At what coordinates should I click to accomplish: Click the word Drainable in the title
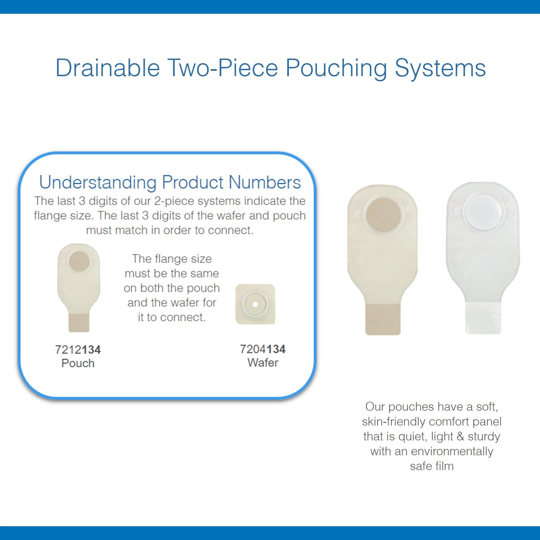(x=107, y=68)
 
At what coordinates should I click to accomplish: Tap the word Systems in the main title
(x=440, y=68)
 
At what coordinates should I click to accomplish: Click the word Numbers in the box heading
(x=265, y=183)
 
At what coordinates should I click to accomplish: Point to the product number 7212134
(x=78, y=350)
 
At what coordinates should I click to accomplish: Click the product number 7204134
(x=263, y=349)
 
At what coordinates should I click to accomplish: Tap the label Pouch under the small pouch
(x=78, y=363)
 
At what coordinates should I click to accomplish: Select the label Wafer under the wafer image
(x=263, y=363)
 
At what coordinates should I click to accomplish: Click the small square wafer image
(x=255, y=304)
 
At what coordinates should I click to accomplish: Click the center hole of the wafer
(x=255, y=304)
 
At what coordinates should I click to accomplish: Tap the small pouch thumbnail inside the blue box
(x=79, y=287)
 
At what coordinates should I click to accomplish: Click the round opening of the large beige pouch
(x=383, y=215)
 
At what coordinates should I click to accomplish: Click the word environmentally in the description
(x=452, y=451)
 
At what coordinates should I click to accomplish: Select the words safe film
(x=432, y=466)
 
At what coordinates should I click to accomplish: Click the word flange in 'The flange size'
(x=166, y=259)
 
